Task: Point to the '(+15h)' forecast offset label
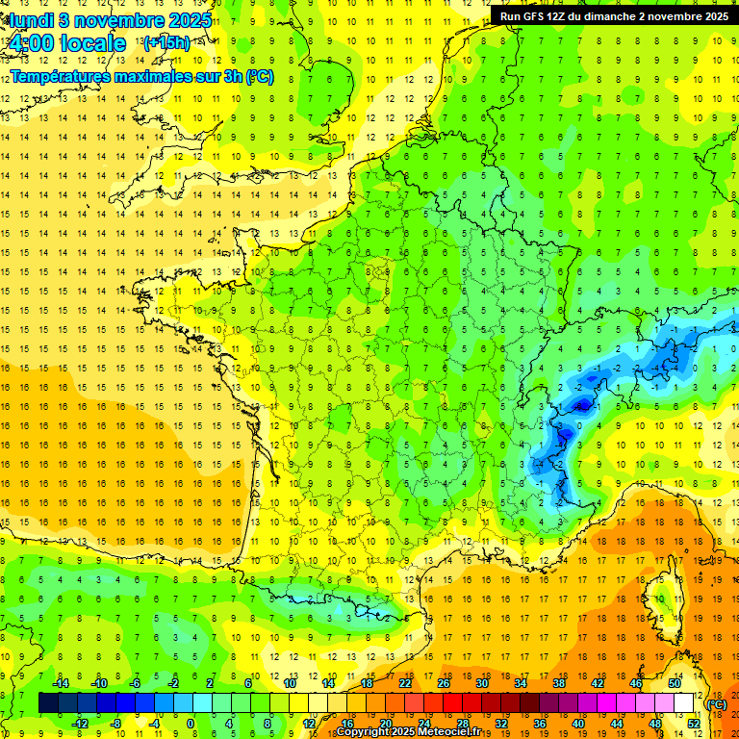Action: (x=166, y=43)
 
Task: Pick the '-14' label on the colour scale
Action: (x=61, y=683)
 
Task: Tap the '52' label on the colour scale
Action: (x=694, y=724)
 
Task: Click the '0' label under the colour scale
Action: (x=191, y=724)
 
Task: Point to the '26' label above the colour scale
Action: (x=444, y=683)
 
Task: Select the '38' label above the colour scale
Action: (x=558, y=683)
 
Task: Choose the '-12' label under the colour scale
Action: (x=80, y=724)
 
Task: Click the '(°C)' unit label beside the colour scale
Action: (x=716, y=704)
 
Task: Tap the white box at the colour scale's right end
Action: (x=684, y=703)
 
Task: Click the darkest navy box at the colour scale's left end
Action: (x=48, y=703)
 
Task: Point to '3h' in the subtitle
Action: (x=232, y=76)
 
